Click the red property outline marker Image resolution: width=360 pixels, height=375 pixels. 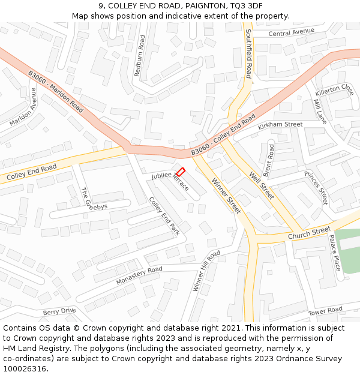[x=180, y=172]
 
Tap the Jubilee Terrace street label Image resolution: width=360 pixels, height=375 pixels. [x=170, y=180]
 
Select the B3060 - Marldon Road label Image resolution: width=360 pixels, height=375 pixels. [x=56, y=91]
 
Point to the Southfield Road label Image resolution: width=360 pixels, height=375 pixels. [x=248, y=53]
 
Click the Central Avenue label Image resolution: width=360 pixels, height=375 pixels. [x=292, y=32]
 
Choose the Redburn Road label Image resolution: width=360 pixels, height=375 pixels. [x=139, y=55]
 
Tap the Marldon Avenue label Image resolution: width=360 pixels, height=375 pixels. [x=23, y=107]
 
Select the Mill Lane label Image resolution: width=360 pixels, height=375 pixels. [x=320, y=112]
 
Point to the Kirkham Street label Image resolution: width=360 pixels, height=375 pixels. [x=280, y=125]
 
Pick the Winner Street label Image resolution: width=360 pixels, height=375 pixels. [x=226, y=194]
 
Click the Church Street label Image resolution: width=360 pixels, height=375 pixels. [x=309, y=232]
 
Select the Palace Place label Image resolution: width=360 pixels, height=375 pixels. [x=335, y=252]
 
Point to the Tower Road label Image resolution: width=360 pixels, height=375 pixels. [x=325, y=311]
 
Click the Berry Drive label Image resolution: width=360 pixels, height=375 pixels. [x=59, y=311]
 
